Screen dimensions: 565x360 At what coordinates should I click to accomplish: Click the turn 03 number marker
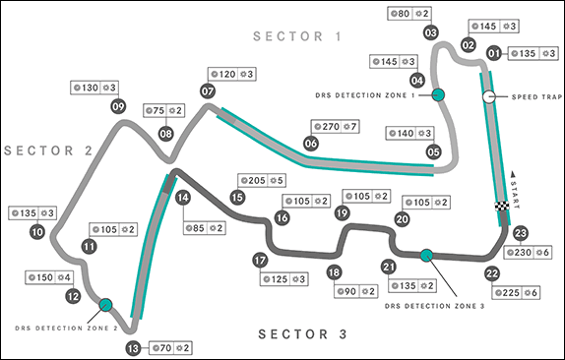(x=430, y=32)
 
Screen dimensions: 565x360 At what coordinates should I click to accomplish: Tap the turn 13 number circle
(x=133, y=348)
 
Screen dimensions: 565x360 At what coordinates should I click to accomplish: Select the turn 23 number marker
(x=521, y=233)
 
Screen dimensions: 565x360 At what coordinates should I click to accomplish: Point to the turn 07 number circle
(x=208, y=91)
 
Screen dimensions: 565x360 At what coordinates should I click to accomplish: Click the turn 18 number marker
(x=334, y=272)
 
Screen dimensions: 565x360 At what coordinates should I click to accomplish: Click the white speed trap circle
(x=489, y=96)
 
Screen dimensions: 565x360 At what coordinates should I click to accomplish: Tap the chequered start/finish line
(x=502, y=207)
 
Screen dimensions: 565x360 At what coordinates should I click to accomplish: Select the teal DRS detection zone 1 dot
(x=438, y=95)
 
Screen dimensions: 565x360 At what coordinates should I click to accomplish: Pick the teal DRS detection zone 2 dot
(x=105, y=305)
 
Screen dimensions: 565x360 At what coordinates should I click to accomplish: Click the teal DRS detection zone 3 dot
(x=426, y=255)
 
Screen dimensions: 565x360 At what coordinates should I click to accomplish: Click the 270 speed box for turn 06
(x=335, y=126)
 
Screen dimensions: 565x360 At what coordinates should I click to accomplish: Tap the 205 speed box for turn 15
(x=262, y=180)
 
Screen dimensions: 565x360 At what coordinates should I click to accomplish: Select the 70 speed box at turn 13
(x=170, y=348)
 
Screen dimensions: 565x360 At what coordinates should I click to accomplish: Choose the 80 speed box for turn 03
(x=409, y=14)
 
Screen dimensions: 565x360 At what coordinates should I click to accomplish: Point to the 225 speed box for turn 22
(x=516, y=293)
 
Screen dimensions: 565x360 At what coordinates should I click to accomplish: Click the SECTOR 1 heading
(x=297, y=36)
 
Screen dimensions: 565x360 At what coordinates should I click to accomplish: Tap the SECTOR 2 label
(x=48, y=150)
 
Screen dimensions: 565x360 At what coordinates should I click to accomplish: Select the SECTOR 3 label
(x=303, y=334)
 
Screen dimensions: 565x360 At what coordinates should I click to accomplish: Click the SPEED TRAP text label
(x=536, y=96)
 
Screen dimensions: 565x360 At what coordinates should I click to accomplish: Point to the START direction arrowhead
(x=514, y=175)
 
